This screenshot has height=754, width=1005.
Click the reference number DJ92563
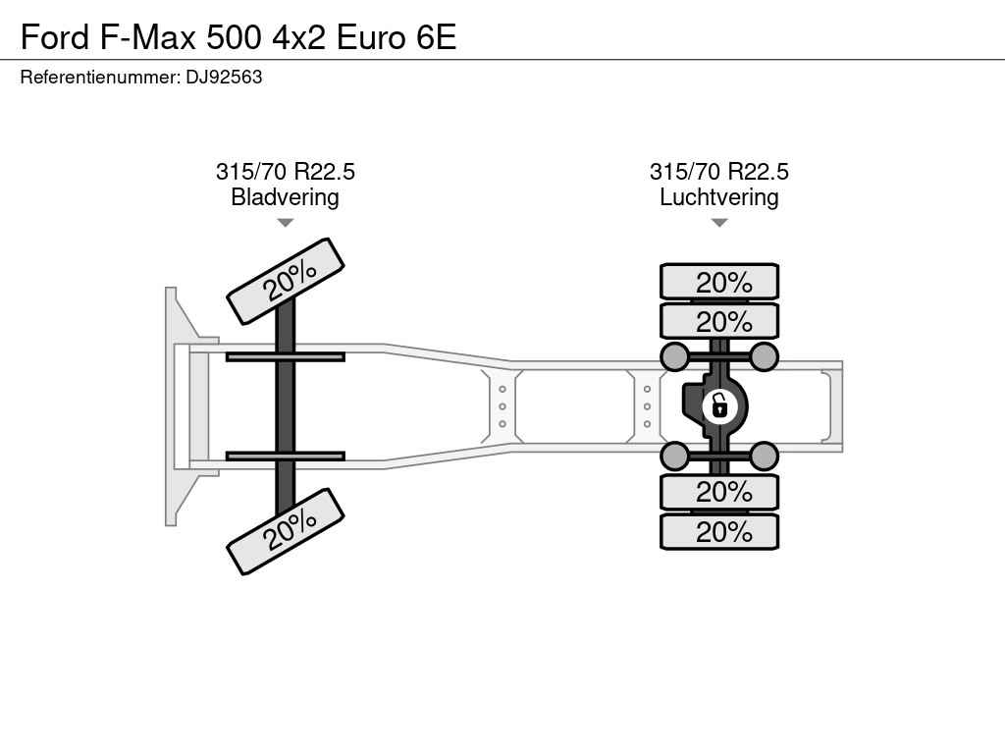click(x=224, y=78)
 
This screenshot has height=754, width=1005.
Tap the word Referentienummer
click(x=99, y=78)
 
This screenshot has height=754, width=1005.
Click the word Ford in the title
click(x=55, y=37)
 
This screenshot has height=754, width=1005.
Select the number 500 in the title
click(x=235, y=37)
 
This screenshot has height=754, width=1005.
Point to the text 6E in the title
click(x=436, y=37)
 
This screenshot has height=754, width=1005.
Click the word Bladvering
click(x=285, y=196)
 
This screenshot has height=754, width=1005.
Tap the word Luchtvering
click(x=719, y=196)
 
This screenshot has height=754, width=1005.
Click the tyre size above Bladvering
click(x=286, y=172)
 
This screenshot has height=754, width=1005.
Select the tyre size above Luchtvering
click(x=719, y=172)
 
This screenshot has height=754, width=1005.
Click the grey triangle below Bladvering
click(x=286, y=223)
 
